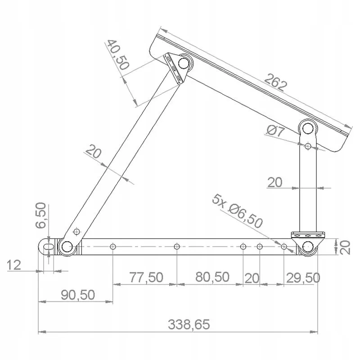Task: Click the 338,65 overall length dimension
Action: tap(189, 324)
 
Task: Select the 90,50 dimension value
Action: tap(78, 295)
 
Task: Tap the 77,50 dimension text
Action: tap(146, 277)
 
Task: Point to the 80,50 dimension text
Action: tap(212, 277)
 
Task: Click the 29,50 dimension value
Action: tap(303, 278)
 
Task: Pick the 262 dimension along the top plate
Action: tap(275, 82)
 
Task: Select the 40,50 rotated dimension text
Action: tap(117, 54)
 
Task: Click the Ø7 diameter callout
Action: tap(275, 131)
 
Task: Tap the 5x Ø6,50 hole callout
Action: tap(238, 211)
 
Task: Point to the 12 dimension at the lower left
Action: tap(14, 265)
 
